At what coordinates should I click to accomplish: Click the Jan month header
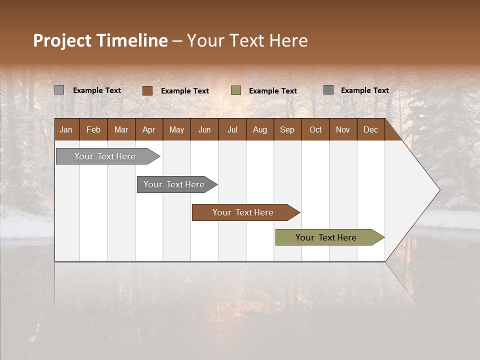66,130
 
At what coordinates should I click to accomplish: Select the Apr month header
148,130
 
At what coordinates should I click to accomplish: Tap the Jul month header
232,130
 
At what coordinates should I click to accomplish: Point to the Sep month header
287,130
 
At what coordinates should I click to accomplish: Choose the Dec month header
370,130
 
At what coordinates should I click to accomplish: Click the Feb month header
93,130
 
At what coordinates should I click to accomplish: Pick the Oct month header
315,130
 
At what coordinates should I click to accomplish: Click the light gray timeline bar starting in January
105,156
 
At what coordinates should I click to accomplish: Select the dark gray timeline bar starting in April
174,184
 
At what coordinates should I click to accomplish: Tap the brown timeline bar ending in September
243,212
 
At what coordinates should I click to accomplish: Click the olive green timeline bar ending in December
326,237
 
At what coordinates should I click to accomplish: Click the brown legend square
147,90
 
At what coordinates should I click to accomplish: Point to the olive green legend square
236,90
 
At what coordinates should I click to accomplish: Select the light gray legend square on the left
59,90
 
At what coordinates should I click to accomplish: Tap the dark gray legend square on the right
328,90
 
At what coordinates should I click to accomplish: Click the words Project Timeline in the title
100,40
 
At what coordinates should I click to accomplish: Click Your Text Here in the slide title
247,40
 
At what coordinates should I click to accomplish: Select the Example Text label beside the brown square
185,91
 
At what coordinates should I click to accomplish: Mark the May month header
176,130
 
